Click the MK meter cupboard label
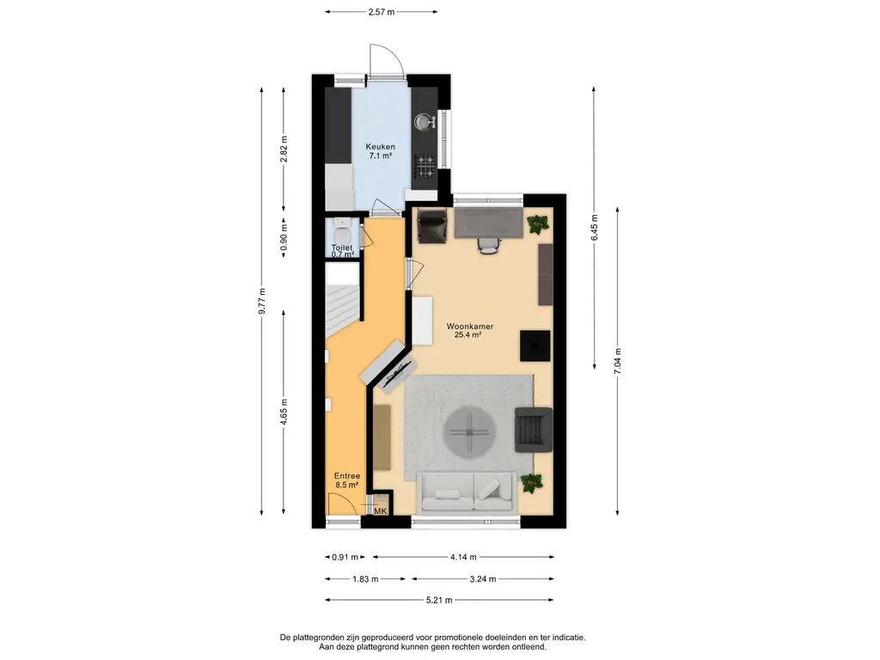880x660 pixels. tap(381, 511)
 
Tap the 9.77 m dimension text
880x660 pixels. tap(261, 302)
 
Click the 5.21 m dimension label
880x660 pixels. tap(439, 600)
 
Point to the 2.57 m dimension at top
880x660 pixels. tap(381, 12)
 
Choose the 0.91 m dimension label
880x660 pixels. tap(345, 557)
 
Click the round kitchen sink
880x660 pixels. tap(425, 122)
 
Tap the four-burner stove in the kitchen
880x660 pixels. tap(425, 166)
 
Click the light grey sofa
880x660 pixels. tap(467, 492)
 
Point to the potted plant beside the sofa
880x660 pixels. tap(531, 483)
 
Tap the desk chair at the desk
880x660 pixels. tap(489, 245)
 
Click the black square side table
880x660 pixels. tap(535, 345)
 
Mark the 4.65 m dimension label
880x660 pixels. tap(284, 412)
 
